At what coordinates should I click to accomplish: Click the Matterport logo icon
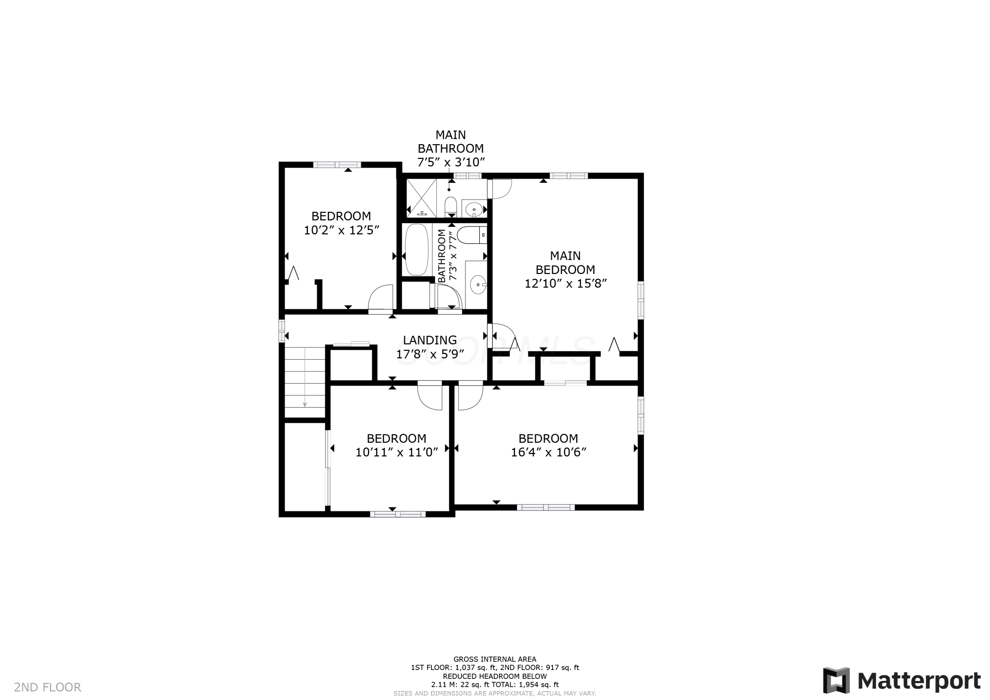click(x=836, y=681)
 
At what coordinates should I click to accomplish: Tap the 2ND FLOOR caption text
click(x=48, y=687)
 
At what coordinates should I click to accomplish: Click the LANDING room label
click(x=430, y=340)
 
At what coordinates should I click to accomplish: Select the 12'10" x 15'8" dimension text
click(x=565, y=283)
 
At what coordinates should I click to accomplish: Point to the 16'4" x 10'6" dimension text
click(x=548, y=452)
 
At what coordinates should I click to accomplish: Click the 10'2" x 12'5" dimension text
click(x=341, y=230)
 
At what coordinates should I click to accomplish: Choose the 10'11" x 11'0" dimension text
click(x=396, y=452)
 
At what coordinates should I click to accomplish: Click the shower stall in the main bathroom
click(x=422, y=198)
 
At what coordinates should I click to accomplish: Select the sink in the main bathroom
click(x=474, y=209)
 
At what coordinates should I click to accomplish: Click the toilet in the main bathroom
click(x=450, y=207)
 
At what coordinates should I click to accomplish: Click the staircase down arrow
click(x=305, y=377)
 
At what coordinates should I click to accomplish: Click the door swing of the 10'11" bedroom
click(x=430, y=395)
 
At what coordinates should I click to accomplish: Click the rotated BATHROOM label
click(x=442, y=256)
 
